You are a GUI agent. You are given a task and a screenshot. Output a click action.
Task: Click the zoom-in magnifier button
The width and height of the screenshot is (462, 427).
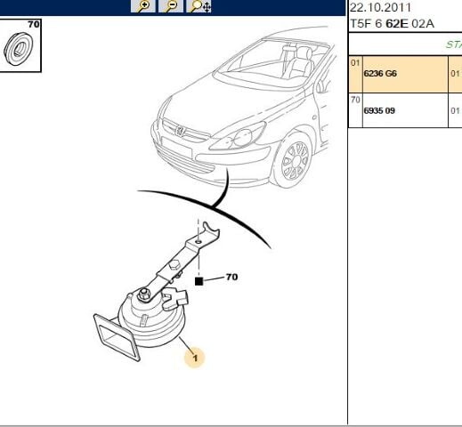[x=142, y=6]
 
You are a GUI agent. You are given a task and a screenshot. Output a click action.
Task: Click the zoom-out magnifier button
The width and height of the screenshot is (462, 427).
[x=171, y=6]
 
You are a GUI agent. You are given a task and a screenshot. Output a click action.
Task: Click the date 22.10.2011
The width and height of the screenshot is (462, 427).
[x=380, y=7]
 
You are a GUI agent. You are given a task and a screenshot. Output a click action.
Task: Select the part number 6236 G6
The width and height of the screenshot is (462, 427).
[x=380, y=74]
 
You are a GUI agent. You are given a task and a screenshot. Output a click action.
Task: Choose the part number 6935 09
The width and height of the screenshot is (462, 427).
[x=379, y=111]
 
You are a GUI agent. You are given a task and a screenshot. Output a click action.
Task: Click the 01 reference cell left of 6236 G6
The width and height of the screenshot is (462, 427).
[x=355, y=63]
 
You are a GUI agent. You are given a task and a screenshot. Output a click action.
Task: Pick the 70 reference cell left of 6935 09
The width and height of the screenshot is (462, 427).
[x=355, y=100]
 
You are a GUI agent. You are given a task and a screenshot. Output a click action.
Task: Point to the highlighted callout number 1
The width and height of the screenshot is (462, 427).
[x=195, y=358]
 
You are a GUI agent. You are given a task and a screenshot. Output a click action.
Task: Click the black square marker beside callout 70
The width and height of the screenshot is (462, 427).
[x=199, y=281]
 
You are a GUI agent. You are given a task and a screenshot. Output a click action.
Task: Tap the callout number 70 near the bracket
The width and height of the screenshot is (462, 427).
[x=231, y=278]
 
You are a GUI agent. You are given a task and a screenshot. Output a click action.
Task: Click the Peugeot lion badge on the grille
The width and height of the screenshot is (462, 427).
[x=180, y=131]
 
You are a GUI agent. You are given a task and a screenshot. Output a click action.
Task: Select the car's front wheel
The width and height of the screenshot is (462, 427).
[x=295, y=161]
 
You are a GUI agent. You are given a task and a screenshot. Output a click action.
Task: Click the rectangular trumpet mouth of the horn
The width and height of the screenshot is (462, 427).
[x=117, y=337]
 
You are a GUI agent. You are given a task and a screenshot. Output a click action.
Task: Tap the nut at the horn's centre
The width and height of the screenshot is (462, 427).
[x=143, y=294]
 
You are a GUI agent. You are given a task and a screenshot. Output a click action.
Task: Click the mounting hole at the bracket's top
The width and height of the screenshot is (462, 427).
[x=199, y=242]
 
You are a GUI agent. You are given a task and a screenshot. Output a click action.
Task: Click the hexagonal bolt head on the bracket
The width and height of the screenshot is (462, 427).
[x=175, y=265]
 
